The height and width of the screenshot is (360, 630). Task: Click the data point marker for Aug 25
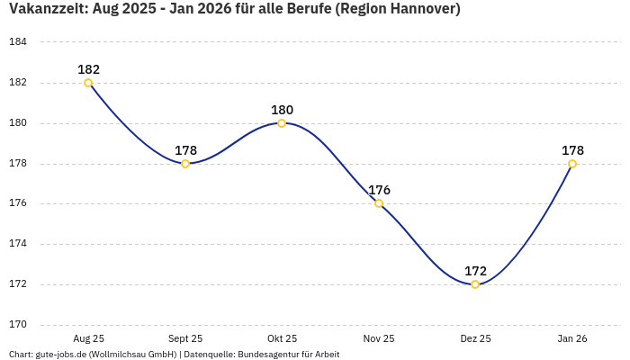88,83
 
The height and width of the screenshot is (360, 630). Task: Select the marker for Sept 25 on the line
185,164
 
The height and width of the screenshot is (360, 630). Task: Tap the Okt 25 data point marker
282,123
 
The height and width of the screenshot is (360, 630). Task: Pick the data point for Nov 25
379,203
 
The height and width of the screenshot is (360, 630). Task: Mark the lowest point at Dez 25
475,284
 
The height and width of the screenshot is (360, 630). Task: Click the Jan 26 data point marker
572,164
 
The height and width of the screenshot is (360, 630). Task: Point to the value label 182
88,69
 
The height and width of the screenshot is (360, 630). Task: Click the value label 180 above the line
282,110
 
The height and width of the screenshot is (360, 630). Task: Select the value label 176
379,190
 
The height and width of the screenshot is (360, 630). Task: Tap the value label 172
475,271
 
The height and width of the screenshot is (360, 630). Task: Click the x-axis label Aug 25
88,338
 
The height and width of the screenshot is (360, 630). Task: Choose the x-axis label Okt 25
282,338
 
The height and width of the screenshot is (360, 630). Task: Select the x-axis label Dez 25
475,338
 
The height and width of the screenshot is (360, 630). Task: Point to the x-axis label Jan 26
572,338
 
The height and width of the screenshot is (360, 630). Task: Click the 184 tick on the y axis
18,42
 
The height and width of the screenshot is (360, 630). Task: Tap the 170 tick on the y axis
18,325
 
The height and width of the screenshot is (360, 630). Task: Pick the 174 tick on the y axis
18,244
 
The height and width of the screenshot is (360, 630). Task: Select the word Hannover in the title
418,10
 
